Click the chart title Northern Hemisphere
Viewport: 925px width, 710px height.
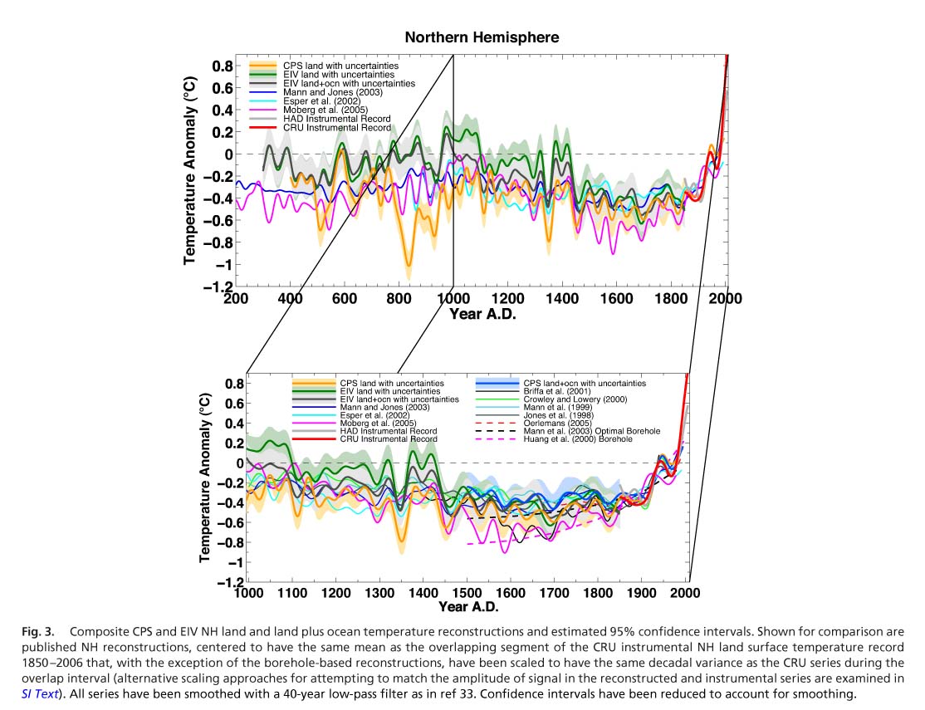coord(482,37)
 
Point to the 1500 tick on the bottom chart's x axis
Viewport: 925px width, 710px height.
coord(467,594)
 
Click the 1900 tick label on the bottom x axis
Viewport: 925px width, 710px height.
coord(642,594)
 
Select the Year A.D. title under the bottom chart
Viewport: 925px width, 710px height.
coord(466,608)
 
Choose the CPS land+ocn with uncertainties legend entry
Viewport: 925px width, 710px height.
coord(585,383)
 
